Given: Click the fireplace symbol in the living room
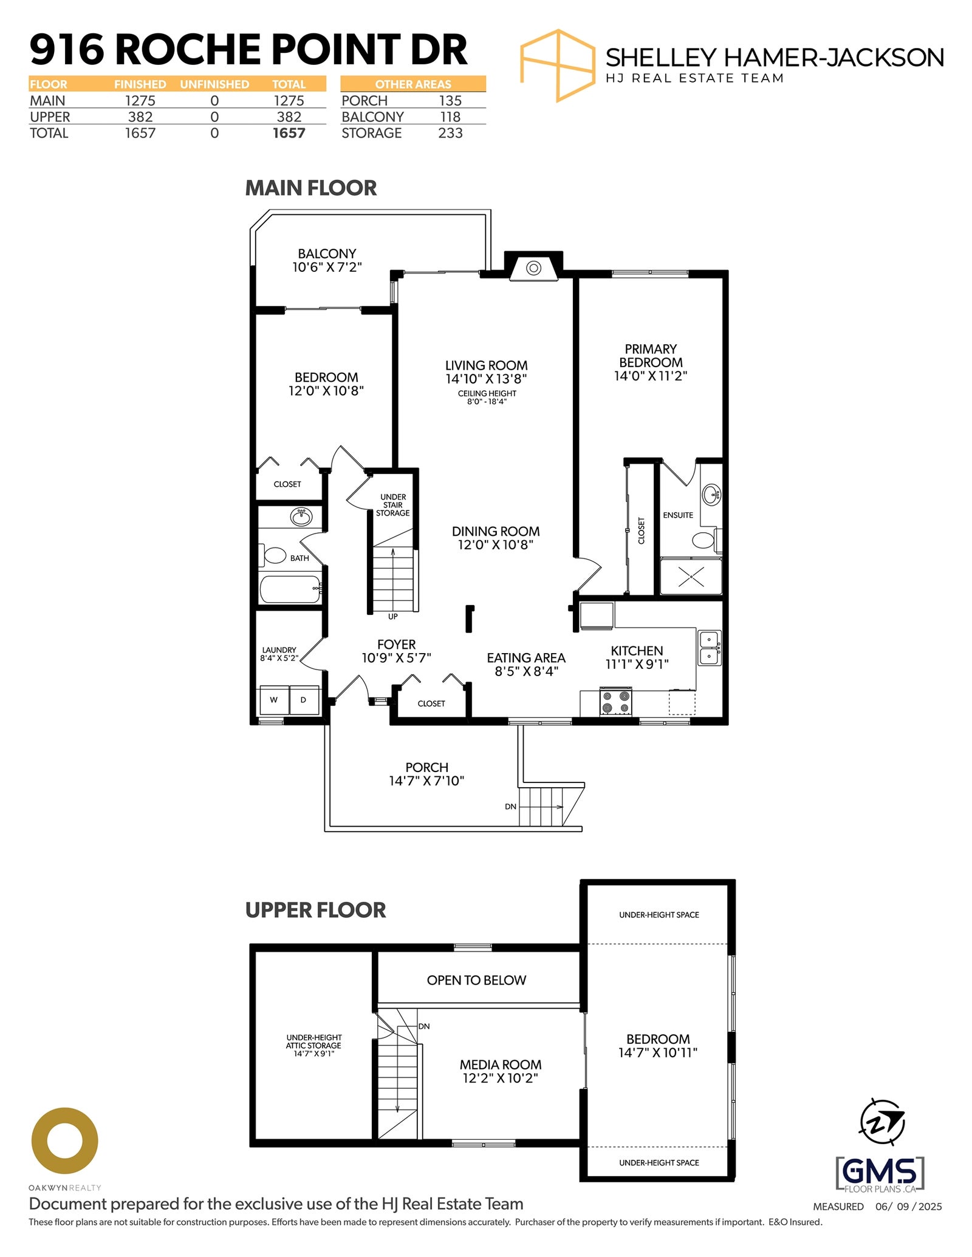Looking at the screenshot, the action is point(533,268).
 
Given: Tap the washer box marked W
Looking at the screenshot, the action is point(274,700).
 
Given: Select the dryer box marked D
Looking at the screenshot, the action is point(304,700).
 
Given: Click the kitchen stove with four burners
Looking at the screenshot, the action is point(615,702).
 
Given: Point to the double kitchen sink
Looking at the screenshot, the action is point(709,648).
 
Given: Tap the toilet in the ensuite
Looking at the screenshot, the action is point(706,540).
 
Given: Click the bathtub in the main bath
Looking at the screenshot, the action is point(290,589).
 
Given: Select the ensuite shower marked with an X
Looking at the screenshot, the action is point(691,576).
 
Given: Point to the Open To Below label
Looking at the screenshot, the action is point(476,980).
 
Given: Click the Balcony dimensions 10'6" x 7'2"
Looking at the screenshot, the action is point(327,267).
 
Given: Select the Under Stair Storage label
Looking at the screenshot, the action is point(393,505).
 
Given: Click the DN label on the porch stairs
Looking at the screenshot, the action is point(510,807).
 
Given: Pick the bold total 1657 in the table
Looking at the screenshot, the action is point(289,133).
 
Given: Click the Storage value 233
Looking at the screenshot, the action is point(450,133).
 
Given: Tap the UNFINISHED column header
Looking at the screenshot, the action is point(214,84).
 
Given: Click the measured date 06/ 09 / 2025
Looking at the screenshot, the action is point(908,1207).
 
